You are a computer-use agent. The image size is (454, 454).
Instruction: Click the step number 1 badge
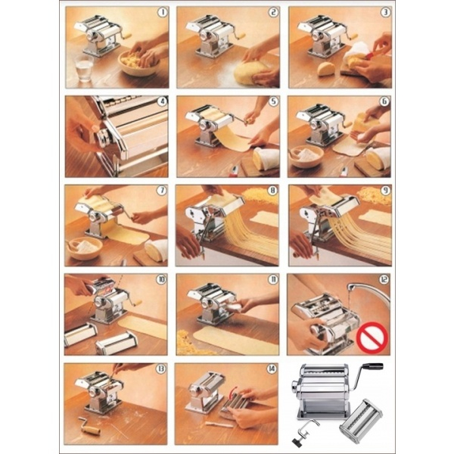(163, 12)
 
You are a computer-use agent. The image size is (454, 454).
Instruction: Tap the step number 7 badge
(162, 190)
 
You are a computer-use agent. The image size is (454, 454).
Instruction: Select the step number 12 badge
(384, 279)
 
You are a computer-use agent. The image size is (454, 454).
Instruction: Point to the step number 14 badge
(272, 368)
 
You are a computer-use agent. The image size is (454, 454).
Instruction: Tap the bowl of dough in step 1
(139, 63)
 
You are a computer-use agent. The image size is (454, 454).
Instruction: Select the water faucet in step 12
(367, 292)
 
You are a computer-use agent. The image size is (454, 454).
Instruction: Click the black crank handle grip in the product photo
(373, 366)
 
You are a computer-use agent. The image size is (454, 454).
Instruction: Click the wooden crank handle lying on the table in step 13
(89, 428)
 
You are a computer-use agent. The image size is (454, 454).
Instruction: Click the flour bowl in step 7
(85, 248)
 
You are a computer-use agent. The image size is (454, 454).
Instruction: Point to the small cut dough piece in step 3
(326, 69)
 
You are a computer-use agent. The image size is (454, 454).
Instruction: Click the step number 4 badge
(162, 101)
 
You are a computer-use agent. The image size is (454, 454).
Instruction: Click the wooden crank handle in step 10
(137, 303)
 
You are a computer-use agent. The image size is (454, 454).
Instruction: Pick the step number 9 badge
(385, 190)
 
